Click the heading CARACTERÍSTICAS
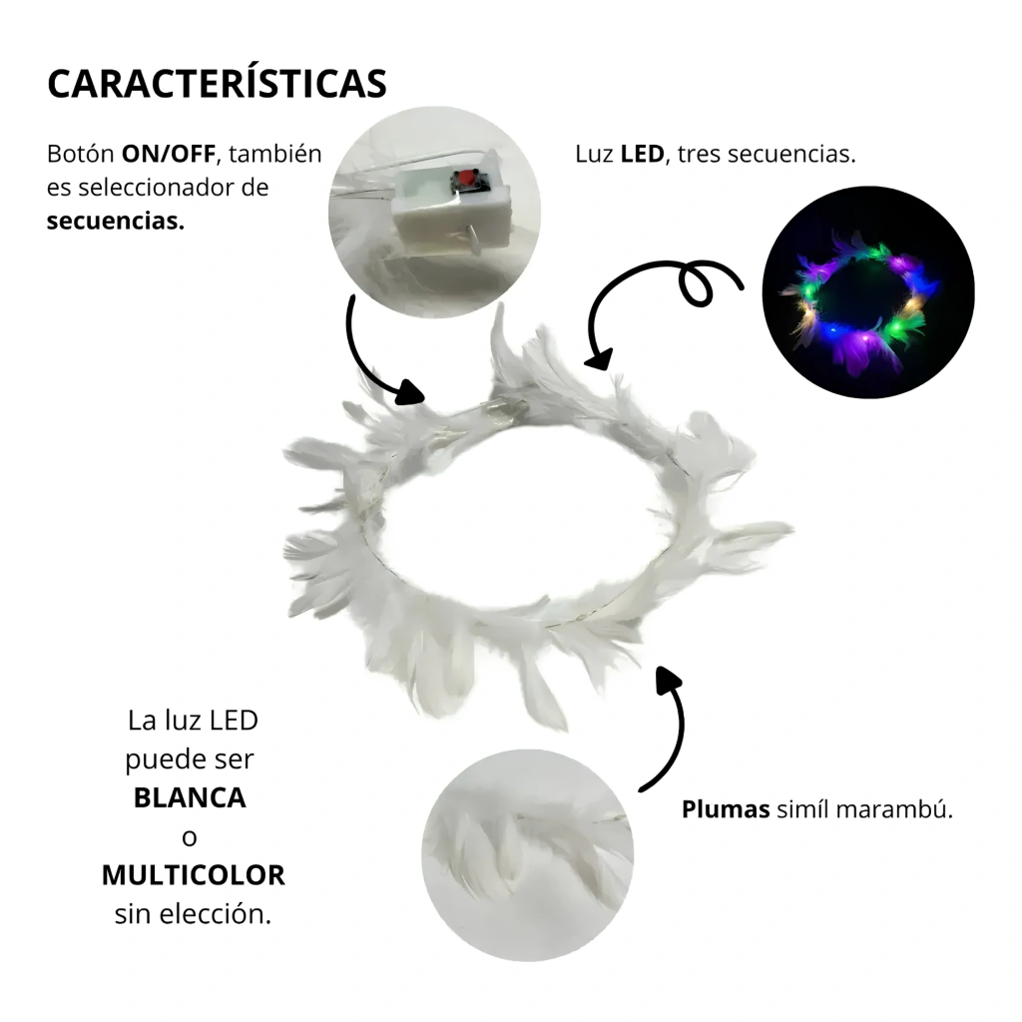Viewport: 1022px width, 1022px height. tap(217, 83)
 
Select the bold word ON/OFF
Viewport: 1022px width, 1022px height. tap(168, 154)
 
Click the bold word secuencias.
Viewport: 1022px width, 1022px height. tap(116, 221)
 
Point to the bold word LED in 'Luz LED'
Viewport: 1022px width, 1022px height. tap(642, 154)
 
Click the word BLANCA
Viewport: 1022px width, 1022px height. tap(190, 797)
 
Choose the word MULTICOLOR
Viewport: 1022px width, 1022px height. tap(194, 875)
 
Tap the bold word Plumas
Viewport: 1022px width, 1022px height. tap(726, 809)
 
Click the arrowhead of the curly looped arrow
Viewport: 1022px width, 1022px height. tap(600, 358)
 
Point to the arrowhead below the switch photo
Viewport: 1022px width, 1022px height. tap(409, 392)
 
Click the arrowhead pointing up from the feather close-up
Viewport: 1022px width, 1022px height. tap(668, 681)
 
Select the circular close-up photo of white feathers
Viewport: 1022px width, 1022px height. tap(527, 855)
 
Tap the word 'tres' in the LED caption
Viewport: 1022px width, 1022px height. tap(700, 154)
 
